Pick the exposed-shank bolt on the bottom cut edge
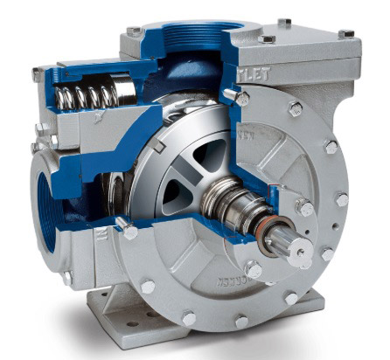coord(129,232)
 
